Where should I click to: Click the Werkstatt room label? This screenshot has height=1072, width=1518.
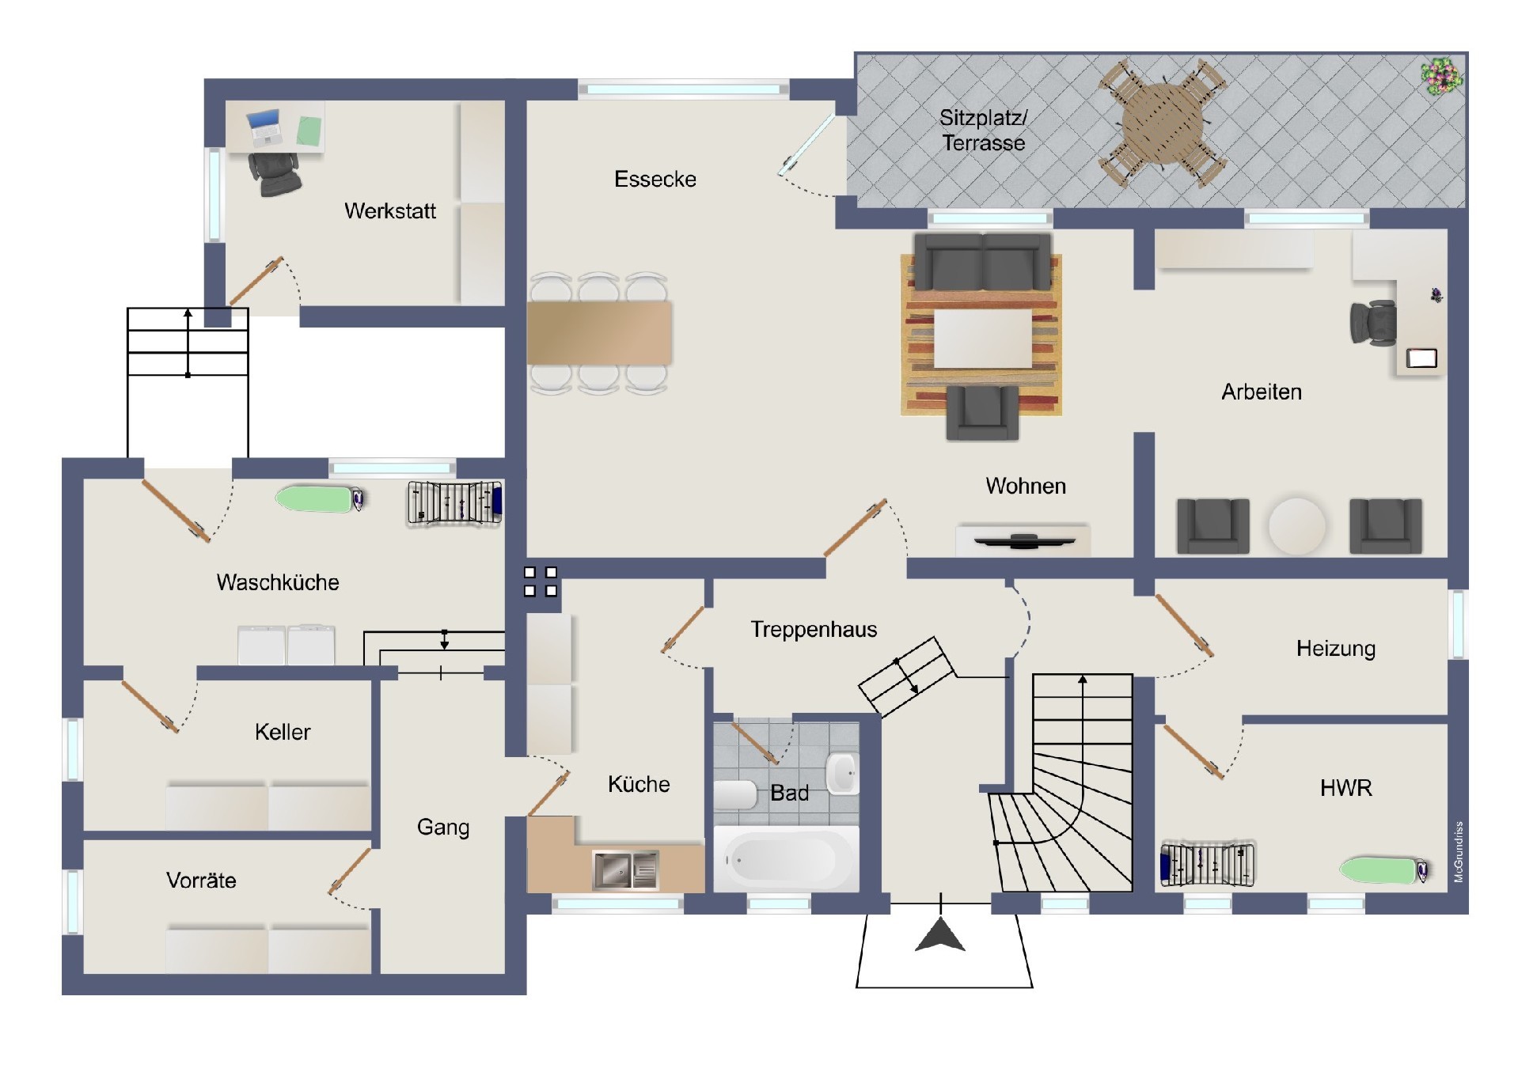pyautogui.click(x=389, y=211)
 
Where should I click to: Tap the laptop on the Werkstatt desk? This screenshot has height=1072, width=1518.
pyautogui.click(x=265, y=127)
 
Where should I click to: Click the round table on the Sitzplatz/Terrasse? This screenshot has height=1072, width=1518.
pyautogui.click(x=1162, y=123)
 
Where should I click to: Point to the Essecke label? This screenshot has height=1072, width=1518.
pyautogui.click(x=655, y=180)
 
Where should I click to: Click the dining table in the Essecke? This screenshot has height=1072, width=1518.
pyautogui.click(x=599, y=332)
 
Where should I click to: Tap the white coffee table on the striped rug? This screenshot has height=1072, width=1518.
pyautogui.click(x=983, y=338)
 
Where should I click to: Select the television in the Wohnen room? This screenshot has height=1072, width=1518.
pyautogui.click(x=1024, y=541)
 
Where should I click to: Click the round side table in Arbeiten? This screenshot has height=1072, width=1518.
pyautogui.click(x=1296, y=525)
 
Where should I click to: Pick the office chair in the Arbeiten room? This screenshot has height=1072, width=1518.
pyautogui.click(x=1373, y=323)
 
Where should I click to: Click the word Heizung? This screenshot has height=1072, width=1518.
pyautogui.click(x=1335, y=649)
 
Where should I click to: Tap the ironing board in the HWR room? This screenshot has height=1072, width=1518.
pyautogui.click(x=1384, y=869)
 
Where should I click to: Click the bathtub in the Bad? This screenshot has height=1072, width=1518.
pyautogui.click(x=786, y=860)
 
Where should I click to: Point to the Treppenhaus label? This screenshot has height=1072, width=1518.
pyautogui.click(x=814, y=630)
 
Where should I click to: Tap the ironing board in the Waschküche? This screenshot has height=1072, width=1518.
pyautogui.click(x=320, y=498)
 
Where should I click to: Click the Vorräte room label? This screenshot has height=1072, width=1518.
pyautogui.click(x=201, y=881)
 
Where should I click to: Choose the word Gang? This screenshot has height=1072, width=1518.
pyautogui.click(x=443, y=828)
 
